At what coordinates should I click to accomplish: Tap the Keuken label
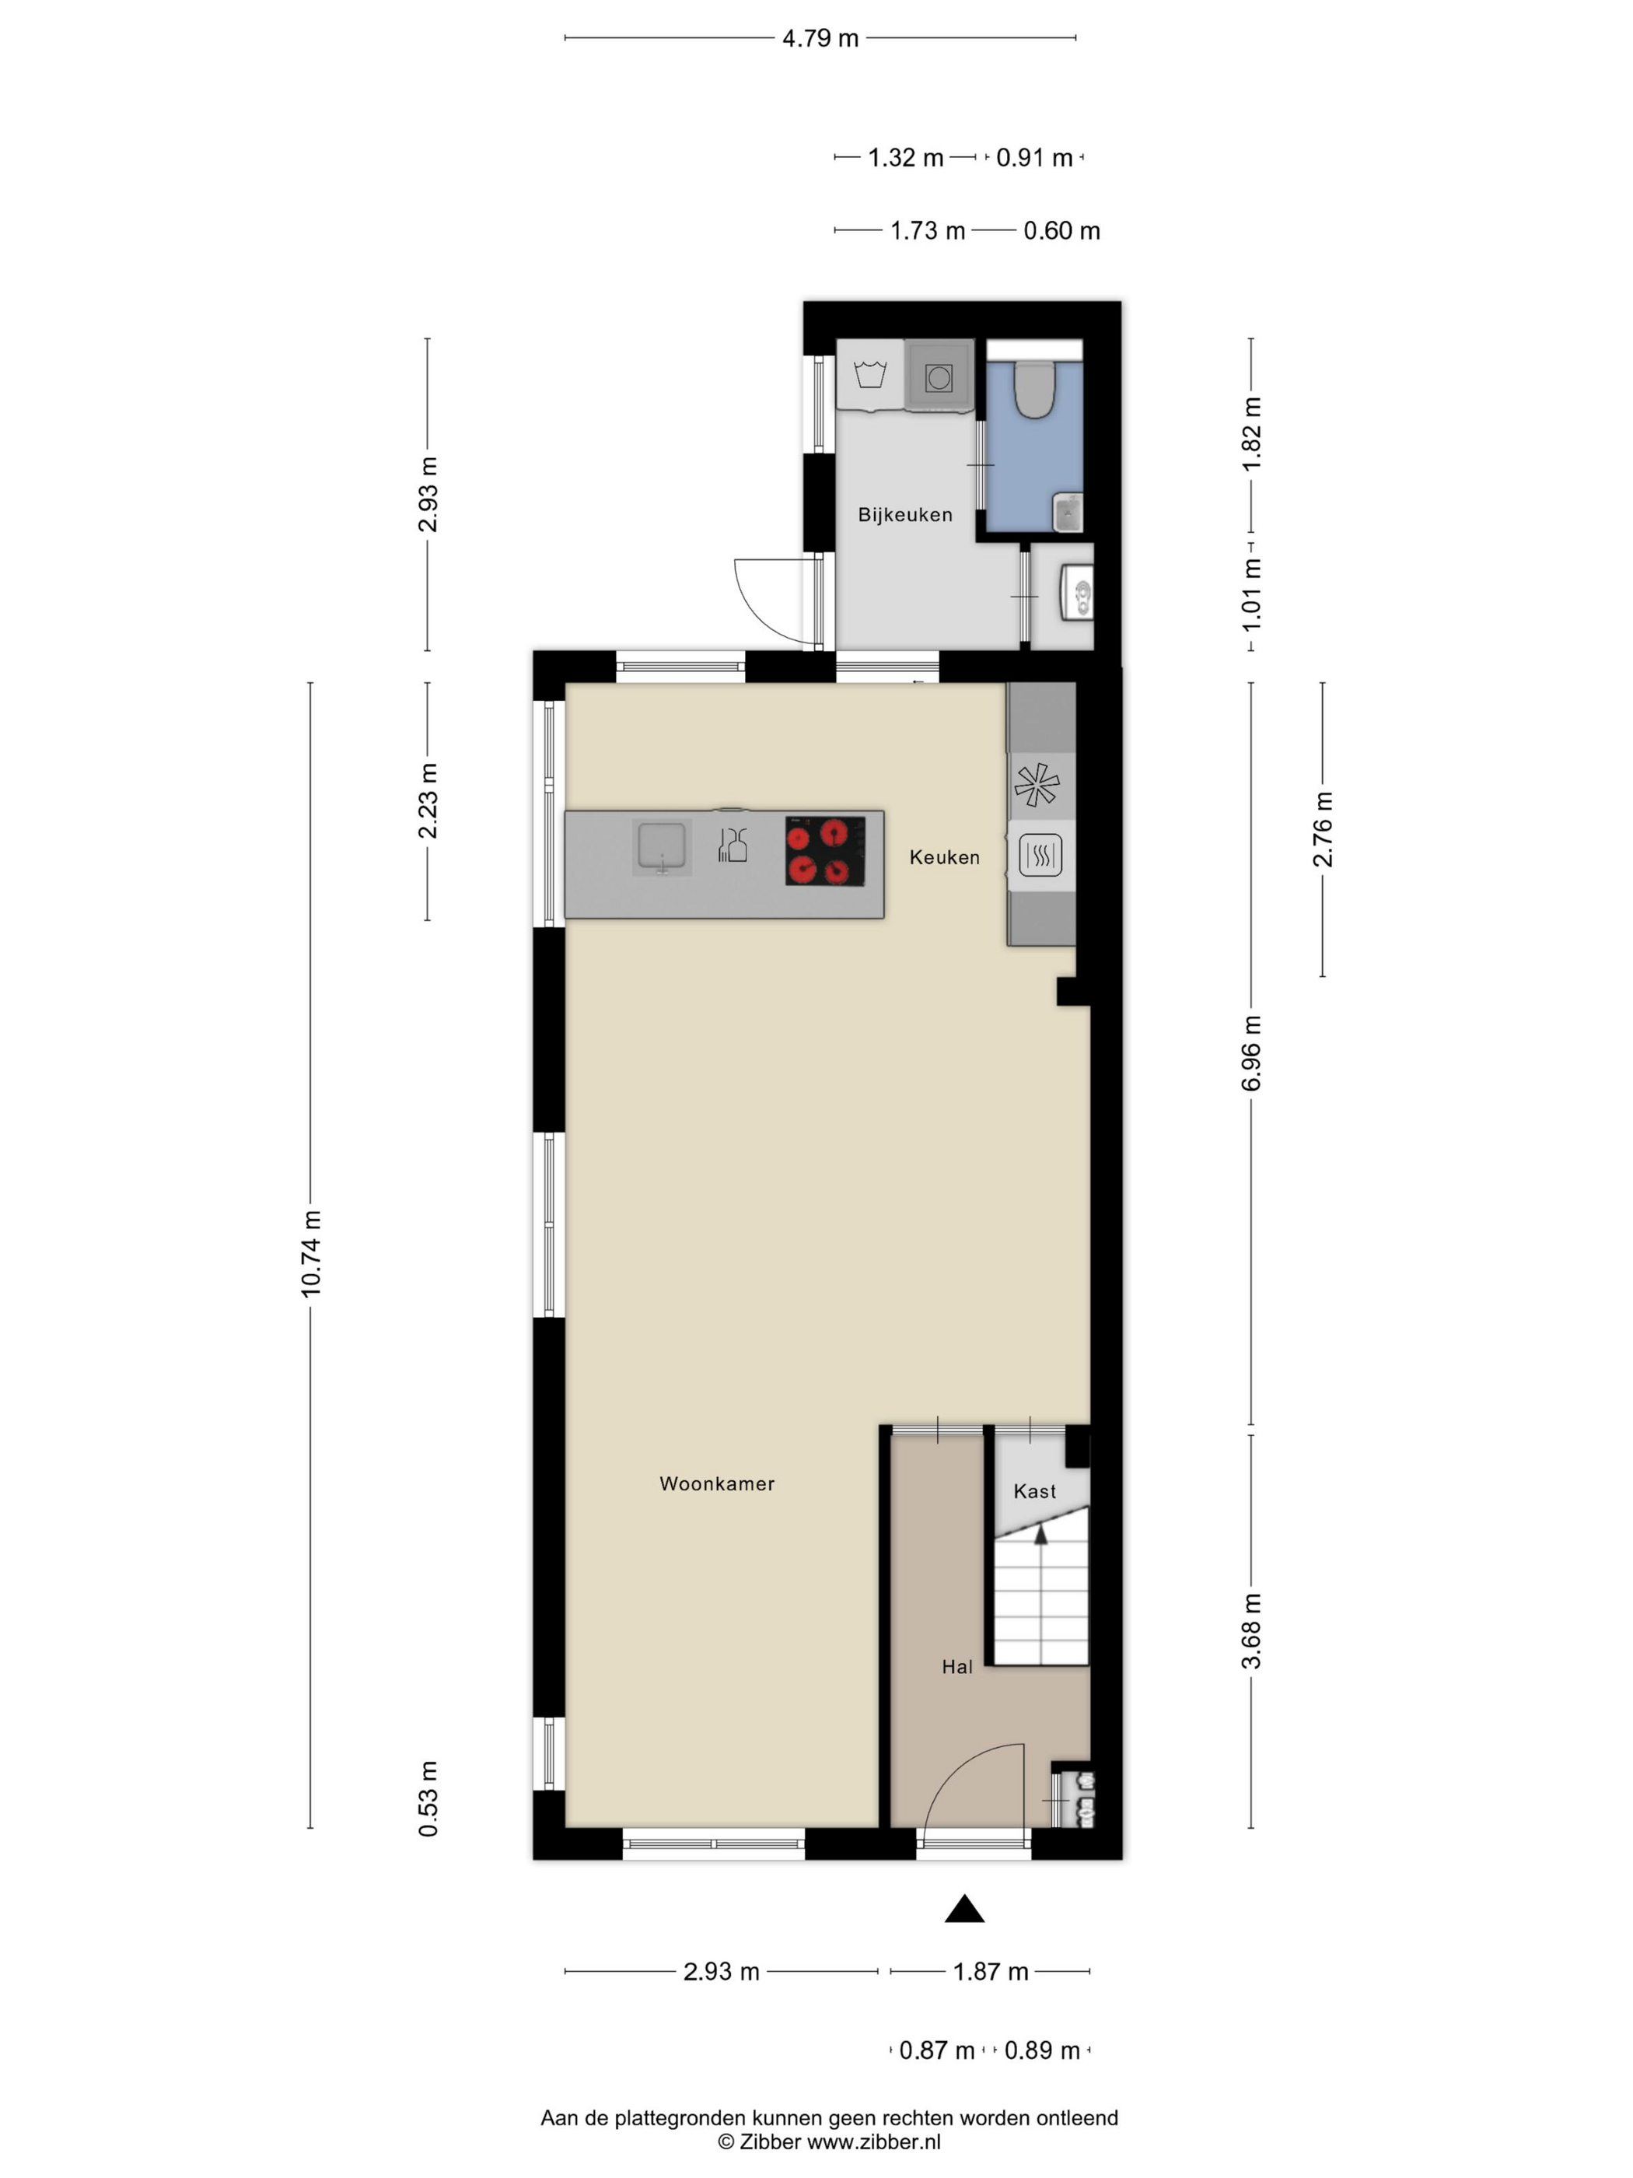click(x=944, y=858)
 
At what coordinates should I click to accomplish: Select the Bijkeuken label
click(x=904, y=515)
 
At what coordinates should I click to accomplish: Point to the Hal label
click(x=956, y=1667)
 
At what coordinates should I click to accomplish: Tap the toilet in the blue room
click(x=1034, y=389)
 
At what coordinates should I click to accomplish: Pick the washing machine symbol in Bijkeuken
click(x=870, y=375)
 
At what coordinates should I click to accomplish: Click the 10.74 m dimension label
click(x=311, y=1253)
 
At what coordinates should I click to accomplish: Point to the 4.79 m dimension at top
click(x=820, y=38)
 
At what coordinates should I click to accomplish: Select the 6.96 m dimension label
click(x=1251, y=1053)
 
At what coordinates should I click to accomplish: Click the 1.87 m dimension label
click(x=990, y=1972)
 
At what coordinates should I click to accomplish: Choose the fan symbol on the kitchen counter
click(x=1037, y=785)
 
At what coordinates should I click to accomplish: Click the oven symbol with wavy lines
click(x=1040, y=855)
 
